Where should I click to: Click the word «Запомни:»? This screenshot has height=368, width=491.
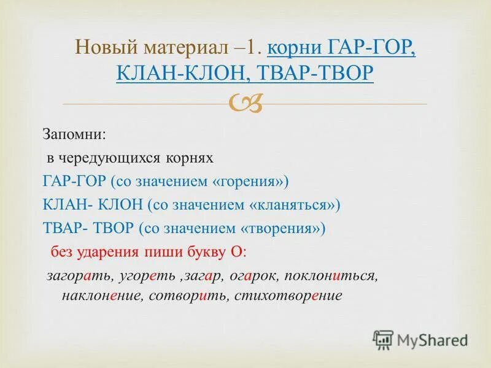(66, 134)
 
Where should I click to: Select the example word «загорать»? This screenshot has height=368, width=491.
(72, 276)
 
